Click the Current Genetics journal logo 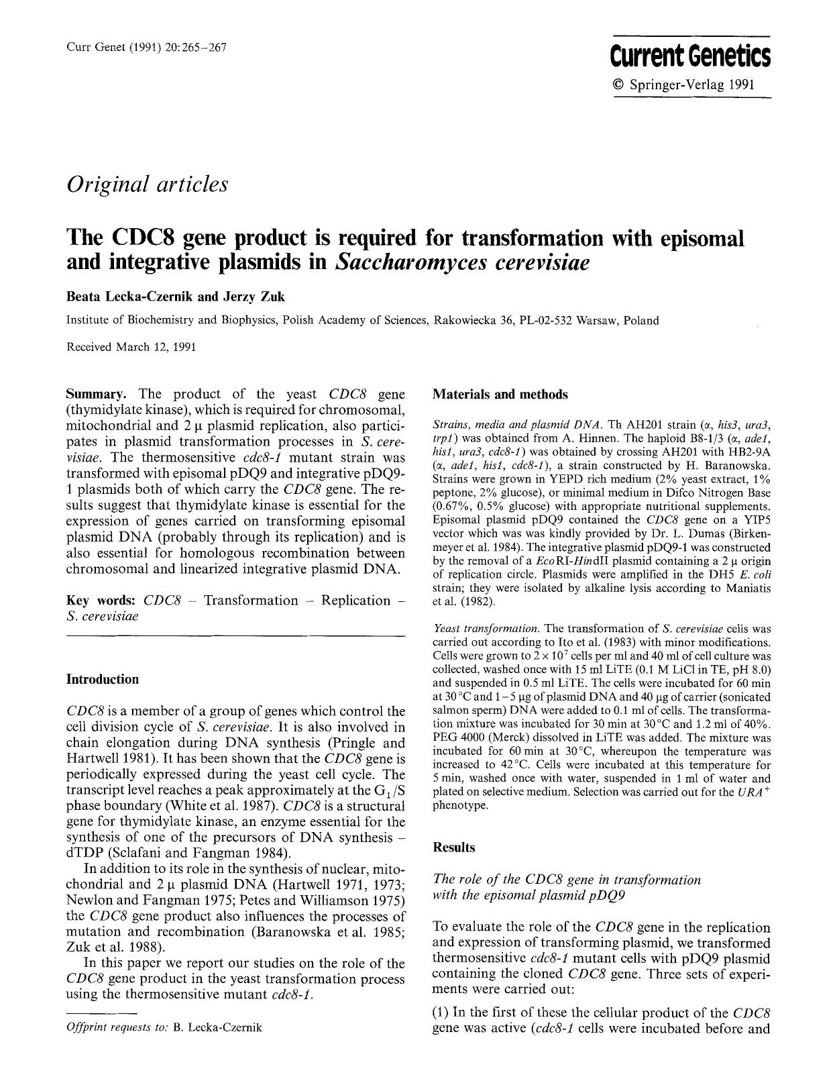[691, 56]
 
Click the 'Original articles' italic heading [147, 183]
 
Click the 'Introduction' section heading [102, 679]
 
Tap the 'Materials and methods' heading [500, 395]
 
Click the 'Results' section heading [453, 847]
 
